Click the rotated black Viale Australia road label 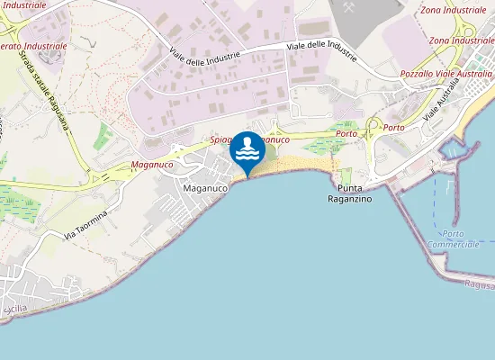click(442, 101)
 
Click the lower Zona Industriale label click(462, 40)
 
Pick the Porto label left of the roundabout click(346, 133)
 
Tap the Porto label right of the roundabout click(393, 128)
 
